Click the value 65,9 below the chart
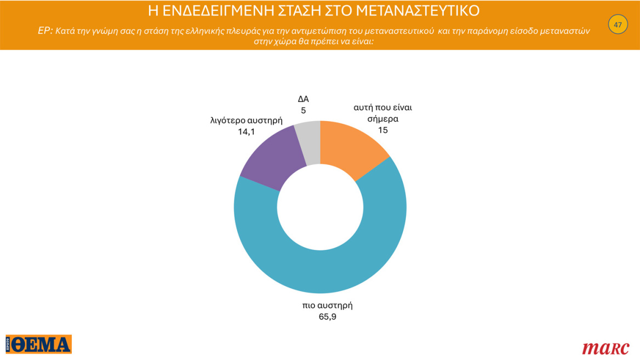[x=327, y=316]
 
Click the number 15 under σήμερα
[x=382, y=130]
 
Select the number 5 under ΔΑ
[x=303, y=110]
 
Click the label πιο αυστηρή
[x=328, y=305]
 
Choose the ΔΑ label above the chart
[x=303, y=99]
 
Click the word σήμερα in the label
[x=382, y=118]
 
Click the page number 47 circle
[x=618, y=25]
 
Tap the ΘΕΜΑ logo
[x=39, y=344]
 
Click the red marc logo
[x=605, y=347]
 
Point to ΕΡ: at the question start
[x=45, y=31]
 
